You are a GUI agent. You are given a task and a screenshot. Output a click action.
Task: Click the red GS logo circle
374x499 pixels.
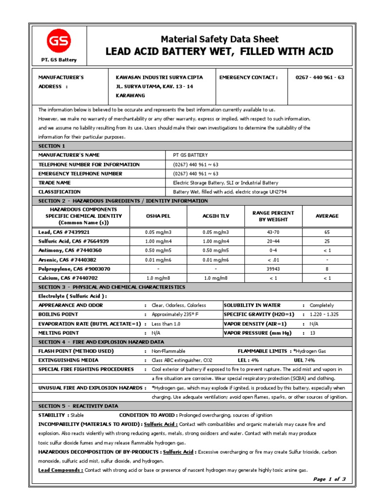pyautogui.click(x=58, y=42)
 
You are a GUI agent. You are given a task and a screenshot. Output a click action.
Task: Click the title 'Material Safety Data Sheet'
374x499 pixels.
pyautogui.click(x=219, y=39)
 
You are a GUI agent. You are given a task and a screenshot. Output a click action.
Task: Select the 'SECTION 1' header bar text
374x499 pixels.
pyautogui.click(x=52, y=146)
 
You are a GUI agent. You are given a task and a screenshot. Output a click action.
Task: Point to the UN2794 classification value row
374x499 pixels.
pyautogui.click(x=230, y=192)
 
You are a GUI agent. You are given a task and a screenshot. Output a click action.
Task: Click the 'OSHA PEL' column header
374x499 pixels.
pyautogui.click(x=158, y=216)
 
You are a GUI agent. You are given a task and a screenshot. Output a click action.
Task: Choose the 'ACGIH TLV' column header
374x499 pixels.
pyautogui.click(x=216, y=216)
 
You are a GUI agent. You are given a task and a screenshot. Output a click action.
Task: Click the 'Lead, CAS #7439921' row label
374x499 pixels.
pyautogui.click(x=64, y=232)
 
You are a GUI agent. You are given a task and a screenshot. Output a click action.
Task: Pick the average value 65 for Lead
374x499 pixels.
pyautogui.click(x=327, y=232)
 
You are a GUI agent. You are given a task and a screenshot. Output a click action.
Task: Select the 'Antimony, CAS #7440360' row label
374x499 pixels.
pyautogui.click(x=71, y=250)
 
